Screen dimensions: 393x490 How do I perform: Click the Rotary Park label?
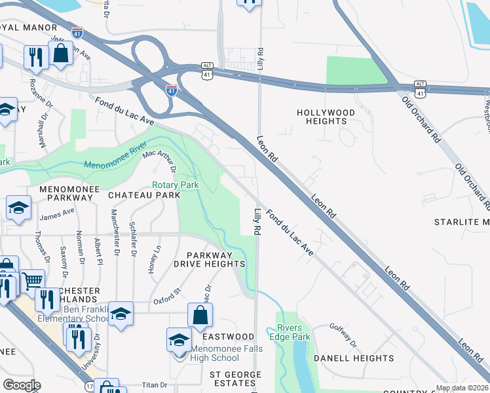click(175, 185)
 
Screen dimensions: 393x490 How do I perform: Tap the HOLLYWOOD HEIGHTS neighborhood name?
click(326, 117)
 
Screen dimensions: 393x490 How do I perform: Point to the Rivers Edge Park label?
click(293, 333)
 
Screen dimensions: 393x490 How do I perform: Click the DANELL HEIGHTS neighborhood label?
click(354, 358)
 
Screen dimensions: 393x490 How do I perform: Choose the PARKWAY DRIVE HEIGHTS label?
click(216, 259)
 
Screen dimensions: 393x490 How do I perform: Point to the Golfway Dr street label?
click(343, 335)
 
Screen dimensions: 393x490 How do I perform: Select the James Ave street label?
click(57, 214)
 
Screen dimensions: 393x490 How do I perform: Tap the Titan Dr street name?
click(154, 385)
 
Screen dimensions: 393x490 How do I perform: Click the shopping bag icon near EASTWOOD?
click(200, 315)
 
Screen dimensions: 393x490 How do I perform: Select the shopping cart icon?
click(32, 282)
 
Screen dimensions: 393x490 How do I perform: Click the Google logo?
click(22, 385)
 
